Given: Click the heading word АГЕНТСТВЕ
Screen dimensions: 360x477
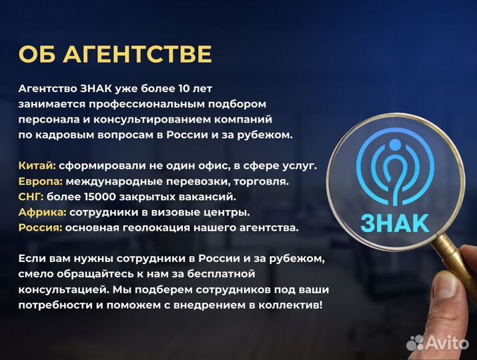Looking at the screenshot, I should (138, 54).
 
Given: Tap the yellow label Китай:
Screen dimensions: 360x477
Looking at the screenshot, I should (37, 165).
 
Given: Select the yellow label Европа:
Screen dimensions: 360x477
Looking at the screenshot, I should (41, 181).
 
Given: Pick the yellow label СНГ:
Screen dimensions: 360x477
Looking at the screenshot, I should (31, 197).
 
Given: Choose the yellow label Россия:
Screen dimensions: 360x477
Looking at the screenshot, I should (41, 228).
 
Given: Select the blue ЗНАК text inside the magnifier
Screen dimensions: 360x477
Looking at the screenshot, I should (394, 222).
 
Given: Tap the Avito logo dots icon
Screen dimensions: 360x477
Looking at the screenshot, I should (416, 343).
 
